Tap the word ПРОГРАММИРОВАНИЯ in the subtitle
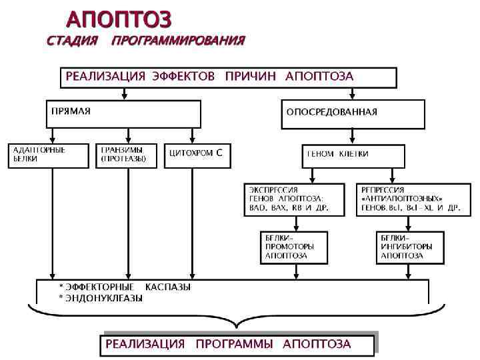[178, 41]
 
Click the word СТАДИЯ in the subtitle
[72, 41]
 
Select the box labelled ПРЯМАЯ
[123, 113]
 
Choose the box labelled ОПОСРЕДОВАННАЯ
[352, 114]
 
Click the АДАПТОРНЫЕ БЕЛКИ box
[48, 155]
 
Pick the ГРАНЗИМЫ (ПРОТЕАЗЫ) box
[127, 155]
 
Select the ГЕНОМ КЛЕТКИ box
[353, 155]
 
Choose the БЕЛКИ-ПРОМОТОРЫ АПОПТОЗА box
[293, 246]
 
